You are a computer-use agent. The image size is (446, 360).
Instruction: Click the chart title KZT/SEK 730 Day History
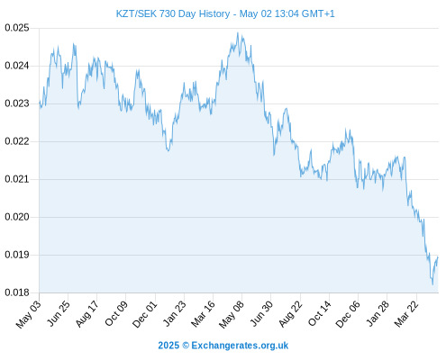173,13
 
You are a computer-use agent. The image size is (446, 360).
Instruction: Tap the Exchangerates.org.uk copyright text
223,346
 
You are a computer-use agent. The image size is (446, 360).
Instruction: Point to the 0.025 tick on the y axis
17,28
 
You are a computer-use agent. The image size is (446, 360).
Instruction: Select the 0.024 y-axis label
17,66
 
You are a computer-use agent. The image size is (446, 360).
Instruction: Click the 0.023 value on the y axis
17,103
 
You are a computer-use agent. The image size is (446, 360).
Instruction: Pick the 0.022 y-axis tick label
17,141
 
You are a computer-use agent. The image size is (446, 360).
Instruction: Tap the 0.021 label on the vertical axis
17,179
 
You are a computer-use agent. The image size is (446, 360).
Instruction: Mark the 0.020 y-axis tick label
17,217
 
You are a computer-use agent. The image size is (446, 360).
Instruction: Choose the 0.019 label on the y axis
17,255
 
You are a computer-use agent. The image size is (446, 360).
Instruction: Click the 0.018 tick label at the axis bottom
17,292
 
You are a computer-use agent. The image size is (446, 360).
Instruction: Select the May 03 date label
28,314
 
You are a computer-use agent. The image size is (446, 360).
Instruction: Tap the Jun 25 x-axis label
59,313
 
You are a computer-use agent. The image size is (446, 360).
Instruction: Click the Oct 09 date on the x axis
116,313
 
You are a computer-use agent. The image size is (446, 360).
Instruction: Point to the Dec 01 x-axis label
144,314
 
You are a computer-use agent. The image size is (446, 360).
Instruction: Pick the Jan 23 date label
174,313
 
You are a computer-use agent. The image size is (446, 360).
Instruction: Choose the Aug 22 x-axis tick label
290,314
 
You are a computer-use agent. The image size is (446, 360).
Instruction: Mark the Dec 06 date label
348,314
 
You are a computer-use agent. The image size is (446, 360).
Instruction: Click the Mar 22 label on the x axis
406,314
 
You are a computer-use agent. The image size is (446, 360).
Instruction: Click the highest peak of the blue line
238,32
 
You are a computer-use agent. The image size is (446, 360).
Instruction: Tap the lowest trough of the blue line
432,284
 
